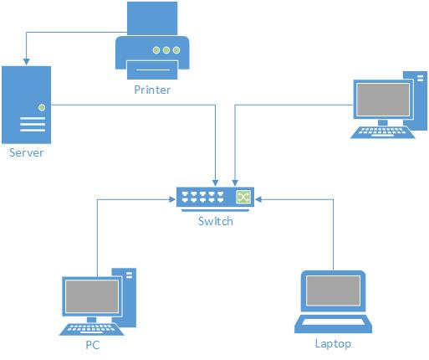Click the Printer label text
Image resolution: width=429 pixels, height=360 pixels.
pyautogui.click(x=152, y=90)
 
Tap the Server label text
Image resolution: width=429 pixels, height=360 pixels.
pyautogui.click(x=27, y=152)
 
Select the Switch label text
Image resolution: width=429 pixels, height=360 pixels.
pyautogui.click(x=216, y=221)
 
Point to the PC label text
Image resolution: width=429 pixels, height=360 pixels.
pyautogui.click(x=93, y=345)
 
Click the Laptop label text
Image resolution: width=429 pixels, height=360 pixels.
pyautogui.click(x=333, y=344)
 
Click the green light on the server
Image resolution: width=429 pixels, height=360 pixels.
pyautogui.click(x=42, y=107)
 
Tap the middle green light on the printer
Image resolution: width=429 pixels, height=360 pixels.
pyautogui.click(x=166, y=50)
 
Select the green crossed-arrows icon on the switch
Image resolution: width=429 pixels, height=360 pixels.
pyautogui.click(x=243, y=198)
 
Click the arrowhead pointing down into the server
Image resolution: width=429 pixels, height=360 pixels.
pyautogui.click(x=27, y=62)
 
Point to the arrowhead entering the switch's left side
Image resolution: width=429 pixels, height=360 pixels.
pyautogui.click(x=172, y=199)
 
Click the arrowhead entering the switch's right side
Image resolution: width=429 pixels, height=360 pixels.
pyautogui.click(x=258, y=199)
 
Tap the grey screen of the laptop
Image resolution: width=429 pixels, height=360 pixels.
pyautogui.click(x=333, y=291)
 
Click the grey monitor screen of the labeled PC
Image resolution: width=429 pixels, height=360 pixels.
pyautogui.click(x=92, y=296)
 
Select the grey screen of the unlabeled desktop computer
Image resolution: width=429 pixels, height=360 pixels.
pyautogui.click(x=383, y=100)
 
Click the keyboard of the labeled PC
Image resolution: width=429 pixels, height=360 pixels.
pyautogui.click(x=92, y=329)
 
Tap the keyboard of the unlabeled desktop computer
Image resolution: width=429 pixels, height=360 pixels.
pyautogui.click(x=383, y=132)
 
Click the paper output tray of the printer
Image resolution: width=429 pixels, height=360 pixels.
pyautogui.click(x=152, y=69)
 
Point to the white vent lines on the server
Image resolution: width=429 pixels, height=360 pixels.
pyautogui.click(x=33, y=125)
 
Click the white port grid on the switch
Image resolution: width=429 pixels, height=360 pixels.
pyautogui.click(x=202, y=197)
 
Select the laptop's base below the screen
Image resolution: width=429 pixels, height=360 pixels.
pyautogui.click(x=333, y=324)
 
